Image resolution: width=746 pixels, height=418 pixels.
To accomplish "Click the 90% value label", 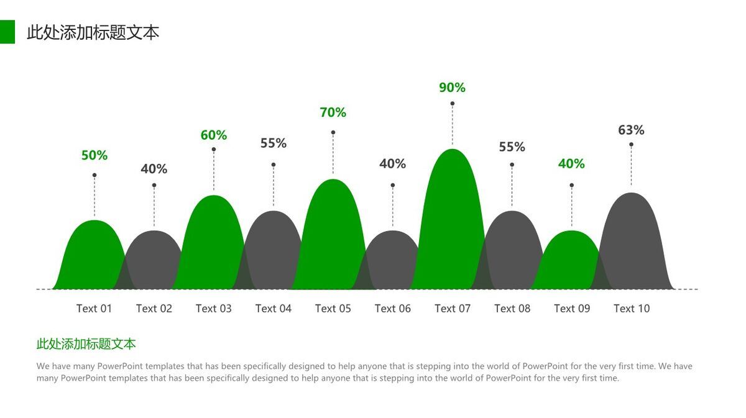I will [x=452, y=88].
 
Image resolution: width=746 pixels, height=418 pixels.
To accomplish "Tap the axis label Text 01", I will [x=94, y=309].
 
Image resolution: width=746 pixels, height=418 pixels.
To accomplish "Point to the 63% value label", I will [x=631, y=130].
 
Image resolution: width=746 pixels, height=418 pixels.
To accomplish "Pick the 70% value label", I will [x=333, y=113].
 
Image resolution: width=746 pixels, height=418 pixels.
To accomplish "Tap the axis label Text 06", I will [x=392, y=309].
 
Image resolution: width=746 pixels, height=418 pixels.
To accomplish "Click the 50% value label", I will [x=94, y=156].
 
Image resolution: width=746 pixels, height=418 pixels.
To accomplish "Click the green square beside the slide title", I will [x=7, y=32].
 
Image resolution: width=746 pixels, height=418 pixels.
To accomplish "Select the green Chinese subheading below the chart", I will [x=86, y=344].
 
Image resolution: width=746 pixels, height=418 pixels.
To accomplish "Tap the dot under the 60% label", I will [x=214, y=149].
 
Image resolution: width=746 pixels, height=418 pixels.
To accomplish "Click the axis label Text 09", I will [x=571, y=309].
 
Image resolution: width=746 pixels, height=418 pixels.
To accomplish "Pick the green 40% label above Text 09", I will [x=571, y=164].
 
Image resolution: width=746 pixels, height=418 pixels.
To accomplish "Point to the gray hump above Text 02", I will [x=154, y=261].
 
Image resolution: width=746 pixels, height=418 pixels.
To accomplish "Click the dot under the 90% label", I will [x=453, y=104].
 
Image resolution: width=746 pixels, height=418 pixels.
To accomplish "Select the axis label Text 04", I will [x=273, y=309].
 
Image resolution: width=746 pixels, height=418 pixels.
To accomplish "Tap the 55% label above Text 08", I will [x=512, y=147].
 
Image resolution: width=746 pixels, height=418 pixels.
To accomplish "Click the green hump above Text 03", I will [x=213, y=245].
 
